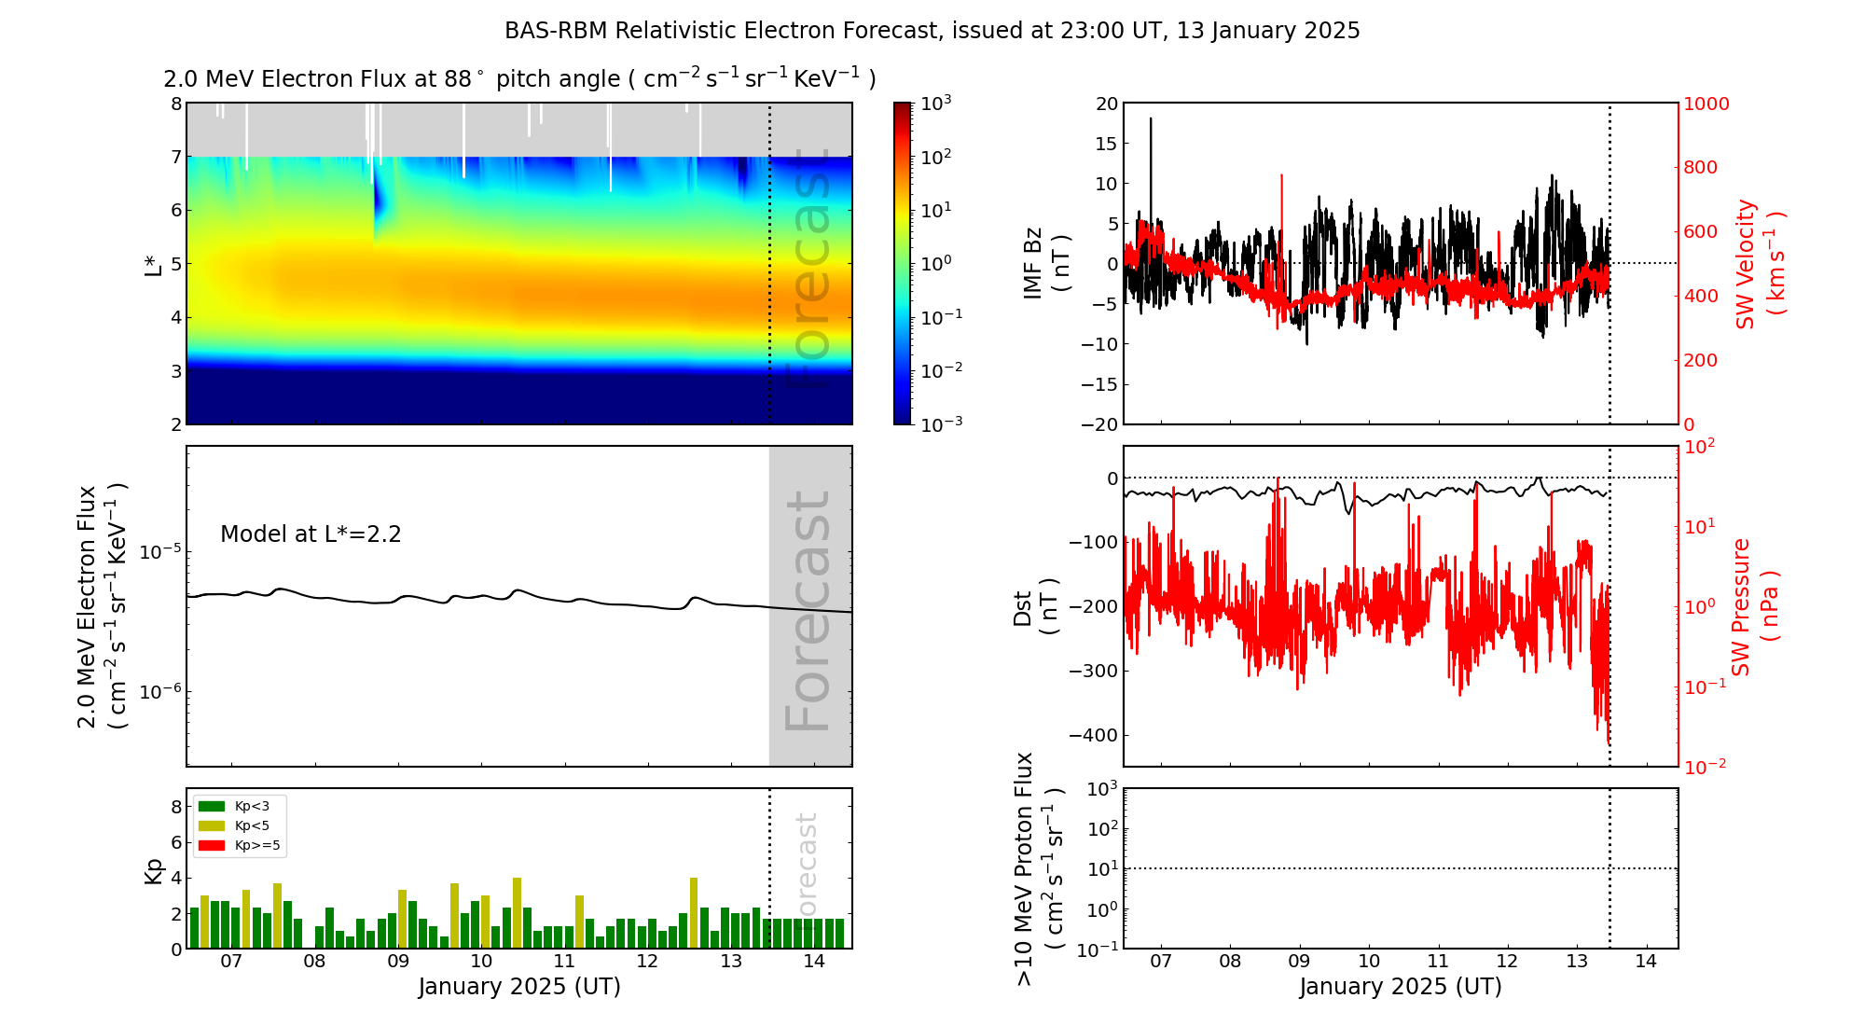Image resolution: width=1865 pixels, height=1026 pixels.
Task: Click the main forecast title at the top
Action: click(932, 31)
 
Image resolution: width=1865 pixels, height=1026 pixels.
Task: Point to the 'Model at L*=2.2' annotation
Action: click(311, 534)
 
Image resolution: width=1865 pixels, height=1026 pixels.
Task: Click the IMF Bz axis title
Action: click(1045, 263)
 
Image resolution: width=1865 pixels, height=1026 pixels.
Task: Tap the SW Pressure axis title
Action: click(1754, 606)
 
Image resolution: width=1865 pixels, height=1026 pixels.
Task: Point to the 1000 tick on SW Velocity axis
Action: click(1706, 104)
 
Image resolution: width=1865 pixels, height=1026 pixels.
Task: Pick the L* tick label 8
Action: click(175, 104)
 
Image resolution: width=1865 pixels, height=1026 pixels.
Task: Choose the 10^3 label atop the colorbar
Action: click(936, 104)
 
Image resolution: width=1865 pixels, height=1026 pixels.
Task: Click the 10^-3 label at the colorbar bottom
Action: click(940, 423)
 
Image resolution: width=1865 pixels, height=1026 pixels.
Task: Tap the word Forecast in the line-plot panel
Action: click(808, 611)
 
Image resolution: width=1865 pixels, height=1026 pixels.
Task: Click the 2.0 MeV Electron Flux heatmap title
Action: click(519, 79)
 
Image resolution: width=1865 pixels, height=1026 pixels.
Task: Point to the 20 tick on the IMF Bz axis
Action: click(1106, 104)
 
